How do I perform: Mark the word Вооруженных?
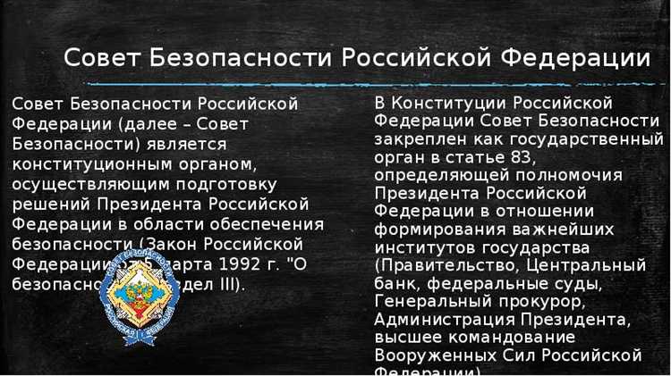pos(432,355)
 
